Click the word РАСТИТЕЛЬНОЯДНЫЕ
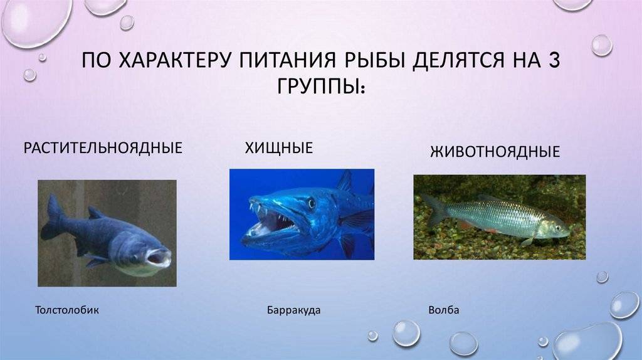click(103, 147)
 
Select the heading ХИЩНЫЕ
click(279, 148)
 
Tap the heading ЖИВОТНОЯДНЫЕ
click(495, 152)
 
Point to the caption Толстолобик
click(67, 310)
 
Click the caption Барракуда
click(293, 310)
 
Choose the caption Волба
click(444, 310)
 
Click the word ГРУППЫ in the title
click(315, 85)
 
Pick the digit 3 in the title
click(554, 60)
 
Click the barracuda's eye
click(312, 203)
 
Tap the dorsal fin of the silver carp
click(96, 213)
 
